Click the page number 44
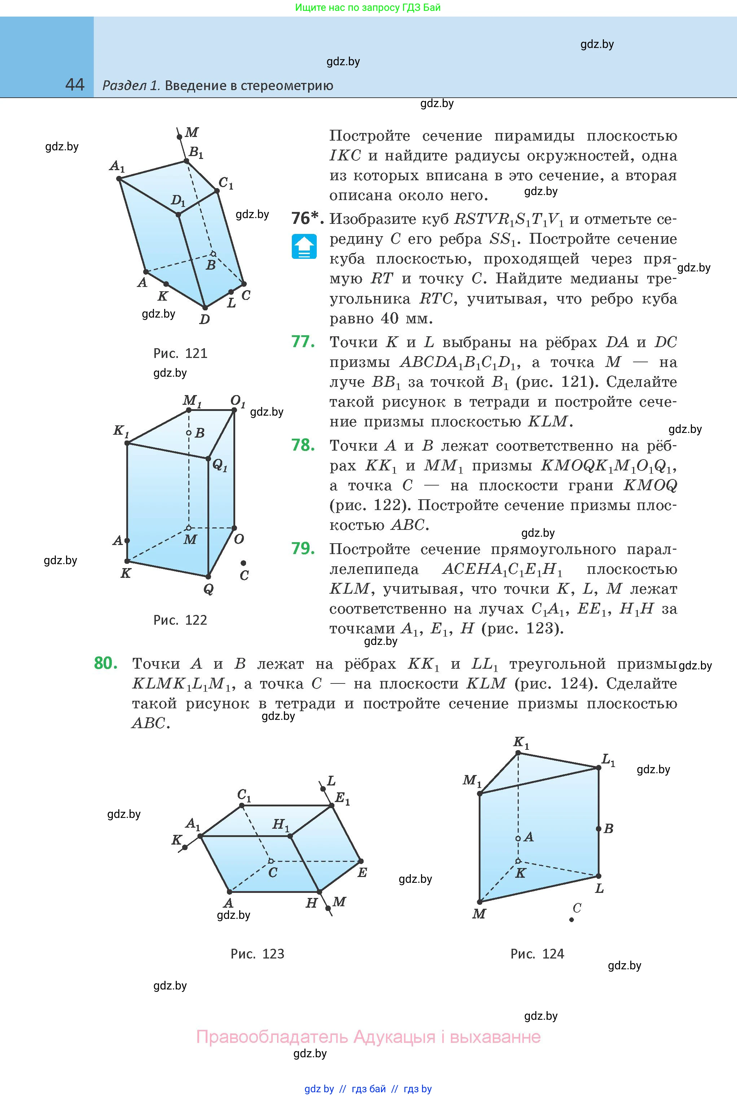coord(75,85)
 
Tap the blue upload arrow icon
coord(304,246)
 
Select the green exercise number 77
coord(303,341)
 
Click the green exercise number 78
coord(303,445)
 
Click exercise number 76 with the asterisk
coord(307,218)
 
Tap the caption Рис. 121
coord(180,353)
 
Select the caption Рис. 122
coord(180,620)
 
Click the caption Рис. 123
coord(257,954)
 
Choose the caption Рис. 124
coord(537,954)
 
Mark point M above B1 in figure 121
coord(179,137)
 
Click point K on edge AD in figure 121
coord(166,284)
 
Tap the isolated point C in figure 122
coord(243,563)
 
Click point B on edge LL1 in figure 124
coord(599,829)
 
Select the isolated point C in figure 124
coord(571,920)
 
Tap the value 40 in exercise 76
coord(390,318)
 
